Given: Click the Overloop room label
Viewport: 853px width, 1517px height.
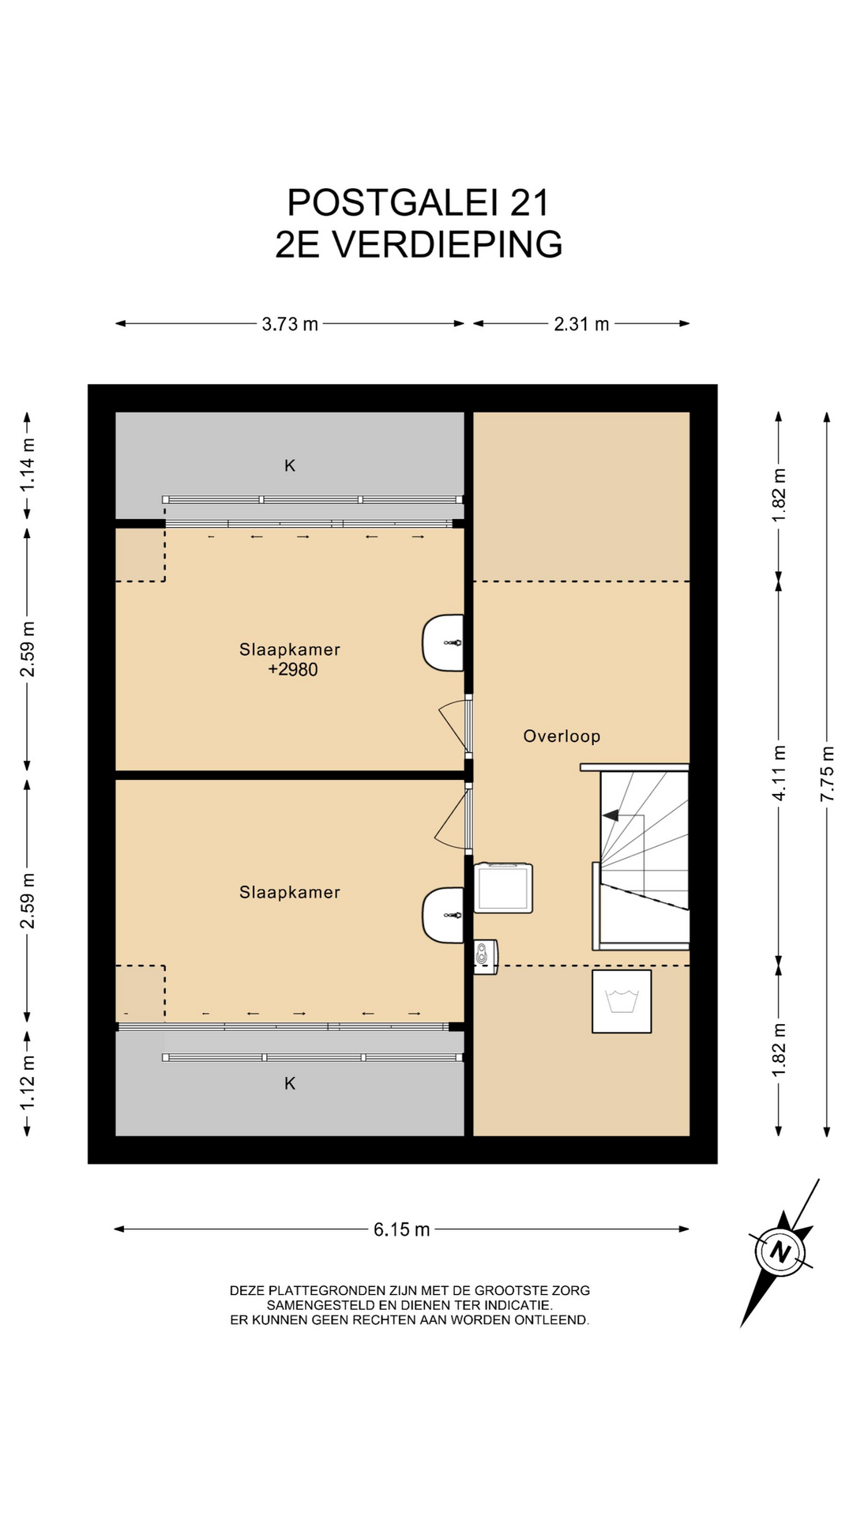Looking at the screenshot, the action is click(x=562, y=736).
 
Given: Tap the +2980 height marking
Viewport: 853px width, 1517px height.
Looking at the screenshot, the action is click(x=293, y=670).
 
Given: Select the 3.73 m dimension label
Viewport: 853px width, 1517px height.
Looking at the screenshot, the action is click(x=290, y=324).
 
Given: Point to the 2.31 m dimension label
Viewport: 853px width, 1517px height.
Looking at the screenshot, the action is click(x=581, y=324).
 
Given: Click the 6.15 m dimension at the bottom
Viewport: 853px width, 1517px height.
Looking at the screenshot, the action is click(x=402, y=1229).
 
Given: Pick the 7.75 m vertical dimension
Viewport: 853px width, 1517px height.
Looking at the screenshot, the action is click(x=827, y=774).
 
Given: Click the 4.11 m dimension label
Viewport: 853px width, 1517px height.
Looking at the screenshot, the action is click(x=779, y=774).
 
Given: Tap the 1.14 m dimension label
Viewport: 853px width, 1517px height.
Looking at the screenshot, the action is click(x=28, y=465).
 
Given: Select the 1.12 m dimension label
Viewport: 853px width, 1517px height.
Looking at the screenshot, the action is click(x=28, y=1082).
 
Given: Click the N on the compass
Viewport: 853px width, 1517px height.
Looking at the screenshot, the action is click(x=780, y=1252).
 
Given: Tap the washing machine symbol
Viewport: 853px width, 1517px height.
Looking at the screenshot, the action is click(x=622, y=1001).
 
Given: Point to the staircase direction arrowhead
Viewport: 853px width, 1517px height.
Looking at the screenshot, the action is click(x=610, y=815).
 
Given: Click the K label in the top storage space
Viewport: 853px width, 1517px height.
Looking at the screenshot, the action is click(x=290, y=466).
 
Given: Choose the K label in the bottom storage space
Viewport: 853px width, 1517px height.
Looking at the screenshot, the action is click(x=290, y=1083).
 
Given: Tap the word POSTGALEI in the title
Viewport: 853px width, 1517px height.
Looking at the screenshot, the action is click(x=393, y=203).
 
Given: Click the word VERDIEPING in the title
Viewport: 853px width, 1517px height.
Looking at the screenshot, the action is click(x=447, y=245).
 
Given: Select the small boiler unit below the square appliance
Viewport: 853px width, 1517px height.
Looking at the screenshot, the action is click(x=486, y=957).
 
